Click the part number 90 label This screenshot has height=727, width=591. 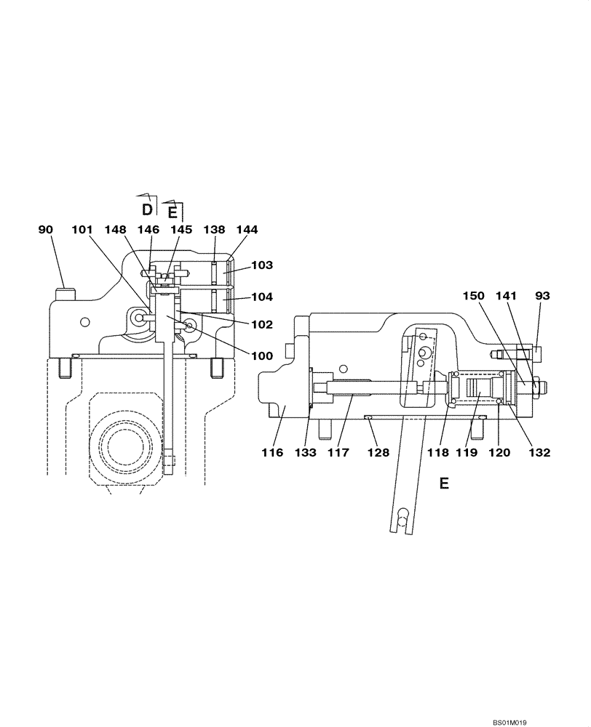[47, 230]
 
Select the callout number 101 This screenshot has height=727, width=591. [84, 230]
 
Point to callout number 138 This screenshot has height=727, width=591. [213, 230]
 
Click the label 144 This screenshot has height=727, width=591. [247, 230]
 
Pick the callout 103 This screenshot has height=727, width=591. [263, 265]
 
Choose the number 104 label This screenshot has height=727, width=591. [263, 298]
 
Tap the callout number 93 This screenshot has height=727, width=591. [542, 296]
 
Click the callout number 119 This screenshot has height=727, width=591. [467, 452]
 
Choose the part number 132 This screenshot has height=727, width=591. [539, 452]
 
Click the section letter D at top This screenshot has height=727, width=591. [147, 209]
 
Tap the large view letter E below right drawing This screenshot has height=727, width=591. [444, 483]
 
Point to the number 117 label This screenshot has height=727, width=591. [339, 452]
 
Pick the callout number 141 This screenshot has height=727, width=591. [507, 296]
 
